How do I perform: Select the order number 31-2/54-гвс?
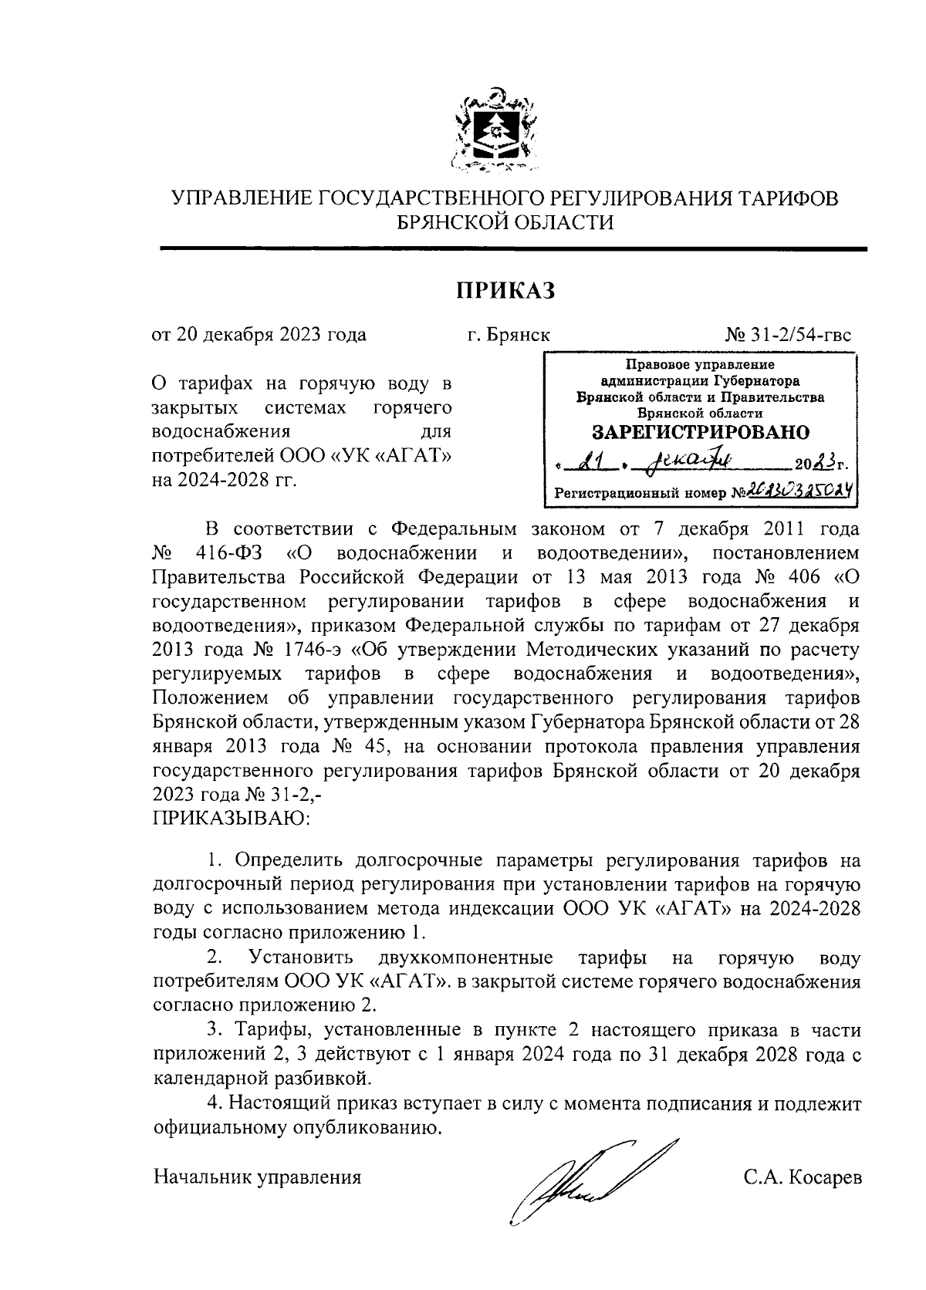coord(798,336)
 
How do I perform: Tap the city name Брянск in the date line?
coord(519,336)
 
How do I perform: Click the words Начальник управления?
coord(258,1177)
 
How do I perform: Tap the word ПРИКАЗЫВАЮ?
coord(231,817)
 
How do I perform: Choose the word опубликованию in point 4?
coord(370,1128)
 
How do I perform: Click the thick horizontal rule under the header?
coord(513,248)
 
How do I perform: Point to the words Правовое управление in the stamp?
coord(701,364)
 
